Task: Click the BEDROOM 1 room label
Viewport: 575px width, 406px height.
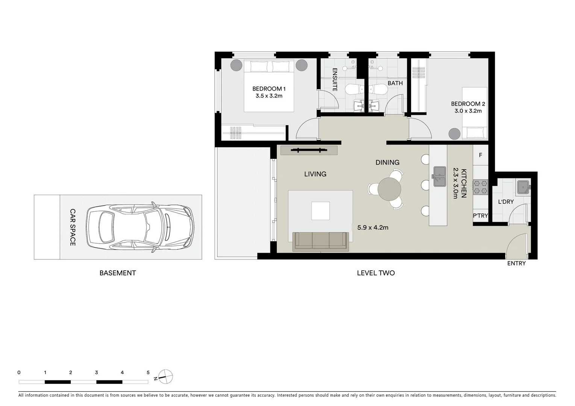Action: [269, 89]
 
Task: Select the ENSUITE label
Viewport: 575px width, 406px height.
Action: [335, 79]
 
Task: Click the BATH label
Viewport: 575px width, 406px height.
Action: [395, 83]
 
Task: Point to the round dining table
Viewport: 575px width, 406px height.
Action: [389, 189]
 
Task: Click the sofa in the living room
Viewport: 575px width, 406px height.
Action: [320, 241]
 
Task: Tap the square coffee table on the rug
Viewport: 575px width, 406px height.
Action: [320, 211]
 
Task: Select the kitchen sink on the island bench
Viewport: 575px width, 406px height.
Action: [438, 176]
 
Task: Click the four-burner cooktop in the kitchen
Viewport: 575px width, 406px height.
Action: [480, 187]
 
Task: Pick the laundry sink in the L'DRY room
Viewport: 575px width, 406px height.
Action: [523, 187]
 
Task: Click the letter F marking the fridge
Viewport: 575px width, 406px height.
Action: [480, 155]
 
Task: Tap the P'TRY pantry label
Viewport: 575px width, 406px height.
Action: [480, 216]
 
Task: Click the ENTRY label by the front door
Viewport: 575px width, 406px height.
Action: [516, 264]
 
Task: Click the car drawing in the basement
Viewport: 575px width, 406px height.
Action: [140, 227]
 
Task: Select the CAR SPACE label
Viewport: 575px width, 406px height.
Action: [73, 227]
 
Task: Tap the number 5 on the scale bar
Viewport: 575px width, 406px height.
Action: [148, 373]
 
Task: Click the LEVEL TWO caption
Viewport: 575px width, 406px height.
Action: [376, 273]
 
